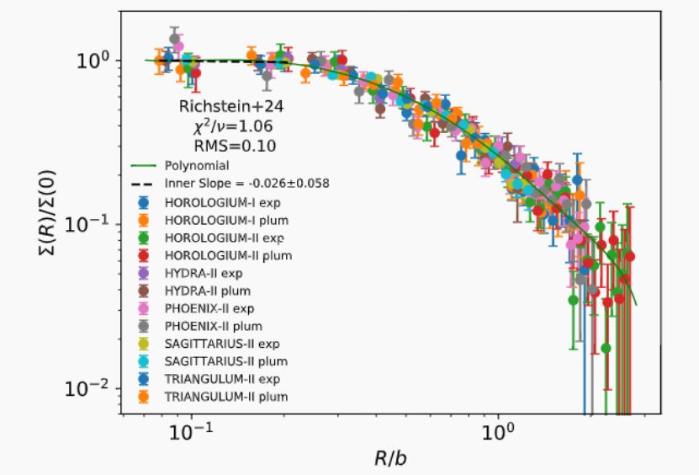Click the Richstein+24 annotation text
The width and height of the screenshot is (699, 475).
[223, 107]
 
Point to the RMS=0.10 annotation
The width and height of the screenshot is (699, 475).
[223, 145]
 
